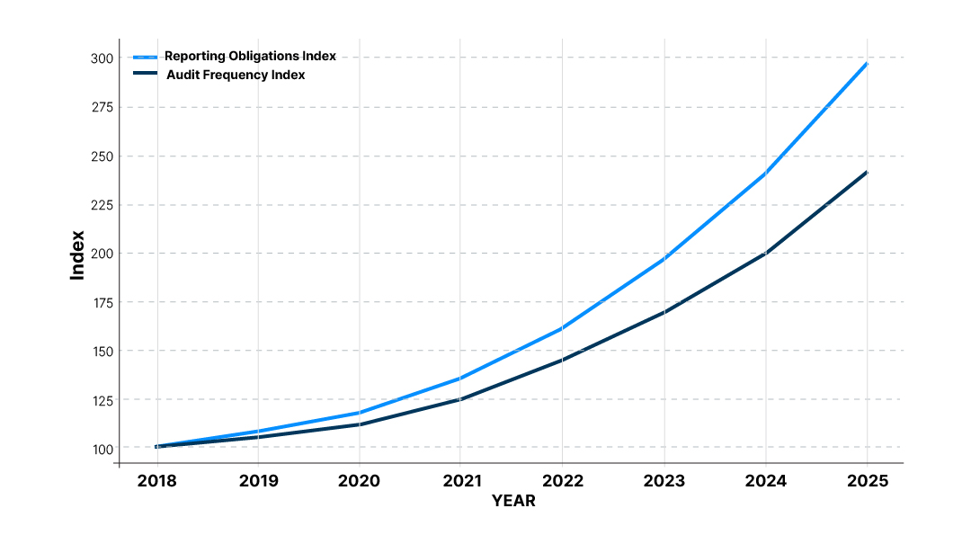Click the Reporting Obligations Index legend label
tap(250, 56)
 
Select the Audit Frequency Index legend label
tap(236, 75)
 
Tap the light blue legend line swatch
tap(145, 57)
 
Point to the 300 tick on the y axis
tap(101, 58)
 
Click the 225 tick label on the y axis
tap(101, 204)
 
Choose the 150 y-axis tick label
tap(101, 351)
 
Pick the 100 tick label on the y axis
tap(101, 448)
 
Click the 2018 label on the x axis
tap(157, 481)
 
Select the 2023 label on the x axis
tap(664, 481)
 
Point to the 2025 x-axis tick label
tap(867, 481)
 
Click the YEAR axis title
tap(513, 501)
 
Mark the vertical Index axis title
tap(78, 255)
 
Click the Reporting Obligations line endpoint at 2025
tap(867, 64)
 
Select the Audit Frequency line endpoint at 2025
tap(867, 172)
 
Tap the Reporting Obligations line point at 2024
tap(765, 174)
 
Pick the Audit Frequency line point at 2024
tap(765, 254)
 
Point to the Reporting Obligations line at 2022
tap(562, 328)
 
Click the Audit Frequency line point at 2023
tap(664, 312)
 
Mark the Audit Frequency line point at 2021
tap(460, 399)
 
